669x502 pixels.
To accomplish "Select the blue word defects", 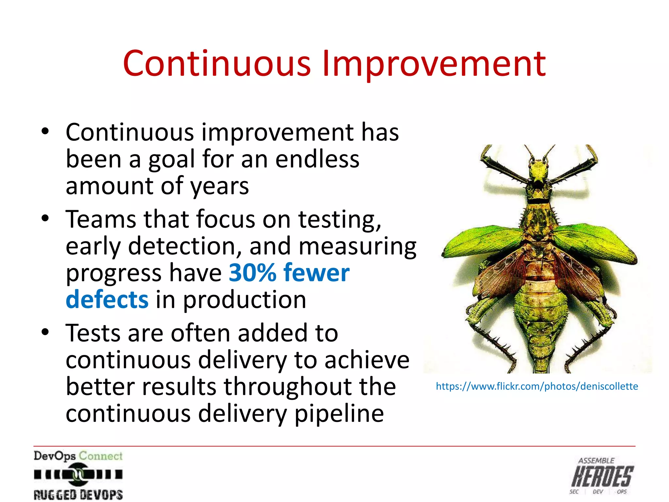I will tap(107, 300).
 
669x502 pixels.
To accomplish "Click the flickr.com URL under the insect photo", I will tap(537, 386).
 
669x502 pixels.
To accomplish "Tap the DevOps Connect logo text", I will tap(78, 456).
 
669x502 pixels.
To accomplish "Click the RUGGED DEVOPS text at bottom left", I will tap(78, 494).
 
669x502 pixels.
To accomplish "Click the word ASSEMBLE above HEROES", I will tap(596, 461).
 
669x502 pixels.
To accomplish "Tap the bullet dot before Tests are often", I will tap(45, 332).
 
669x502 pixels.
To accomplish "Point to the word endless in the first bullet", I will tap(317, 159).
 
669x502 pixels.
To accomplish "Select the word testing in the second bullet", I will tap(340, 220).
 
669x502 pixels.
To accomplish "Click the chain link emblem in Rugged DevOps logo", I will tap(78, 474).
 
